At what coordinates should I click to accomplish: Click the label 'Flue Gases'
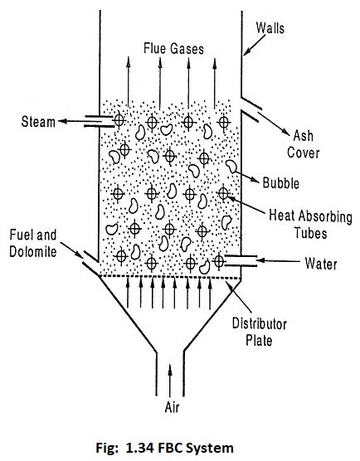click(x=173, y=49)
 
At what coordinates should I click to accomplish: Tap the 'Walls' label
click(x=270, y=28)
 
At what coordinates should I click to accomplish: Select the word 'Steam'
click(x=38, y=122)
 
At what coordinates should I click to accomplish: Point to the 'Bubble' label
click(x=281, y=183)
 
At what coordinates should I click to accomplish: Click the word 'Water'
click(x=321, y=263)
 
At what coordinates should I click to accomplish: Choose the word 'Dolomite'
click(x=33, y=252)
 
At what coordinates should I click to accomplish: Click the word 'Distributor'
click(x=260, y=323)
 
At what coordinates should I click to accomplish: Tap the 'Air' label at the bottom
click(x=172, y=407)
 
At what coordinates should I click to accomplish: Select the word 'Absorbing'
click(x=325, y=216)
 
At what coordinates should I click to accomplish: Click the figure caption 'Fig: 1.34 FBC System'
click(x=165, y=448)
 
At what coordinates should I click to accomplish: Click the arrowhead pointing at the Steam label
click(x=61, y=121)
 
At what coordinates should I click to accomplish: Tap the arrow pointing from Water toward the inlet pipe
click(x=278, y=260)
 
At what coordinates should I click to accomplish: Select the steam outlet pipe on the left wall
click(x=99, y=121)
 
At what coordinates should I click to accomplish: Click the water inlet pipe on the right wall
click(x=241, y=261)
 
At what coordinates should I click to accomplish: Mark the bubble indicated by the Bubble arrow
click(x=231, y=167)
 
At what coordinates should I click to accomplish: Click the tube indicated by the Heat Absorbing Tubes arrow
click(x=223, y=193)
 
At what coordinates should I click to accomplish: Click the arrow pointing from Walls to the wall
click(x=255, y=44)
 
